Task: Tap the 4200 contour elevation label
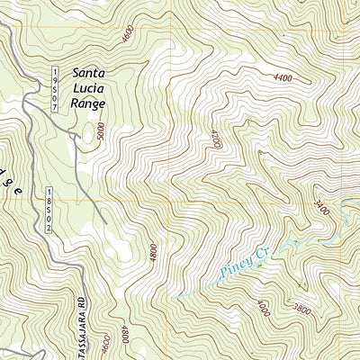[x=214, y=139]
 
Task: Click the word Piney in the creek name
[x=231, y=265]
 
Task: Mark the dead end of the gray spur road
[x=106, y=222]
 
